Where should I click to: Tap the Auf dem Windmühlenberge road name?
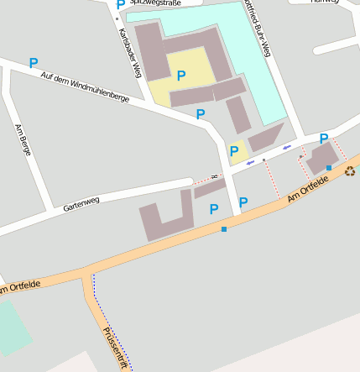84,87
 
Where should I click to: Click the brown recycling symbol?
349,171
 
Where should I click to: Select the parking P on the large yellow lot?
181,76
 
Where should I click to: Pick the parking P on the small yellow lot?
234,151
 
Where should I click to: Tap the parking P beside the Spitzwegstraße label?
120,5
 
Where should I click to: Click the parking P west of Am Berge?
34,63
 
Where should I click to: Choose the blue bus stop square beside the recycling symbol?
329,168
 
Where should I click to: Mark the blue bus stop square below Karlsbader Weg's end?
224,228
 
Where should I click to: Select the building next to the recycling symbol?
322,157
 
